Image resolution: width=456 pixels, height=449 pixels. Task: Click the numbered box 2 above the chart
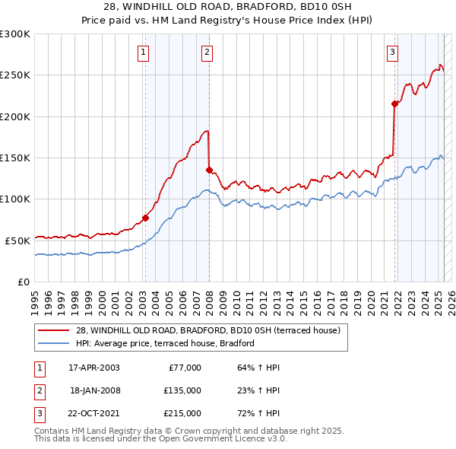pos(207,53)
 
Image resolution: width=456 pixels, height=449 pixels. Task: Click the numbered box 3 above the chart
pos(392,53)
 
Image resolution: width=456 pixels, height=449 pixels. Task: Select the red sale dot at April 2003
pos(145,218)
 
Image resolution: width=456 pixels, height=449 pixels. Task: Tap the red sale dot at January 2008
pos(209,170)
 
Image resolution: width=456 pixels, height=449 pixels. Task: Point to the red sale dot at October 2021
pos(394,103)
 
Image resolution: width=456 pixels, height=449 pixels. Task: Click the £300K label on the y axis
pos(15,34)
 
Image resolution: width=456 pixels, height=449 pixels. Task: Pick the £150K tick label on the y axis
pos(15,158)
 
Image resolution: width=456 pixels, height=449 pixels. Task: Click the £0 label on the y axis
pos(23,282)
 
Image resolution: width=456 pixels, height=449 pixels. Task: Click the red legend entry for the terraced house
pos(212,330)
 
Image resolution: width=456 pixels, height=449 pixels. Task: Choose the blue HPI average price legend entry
pos(164,344)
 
